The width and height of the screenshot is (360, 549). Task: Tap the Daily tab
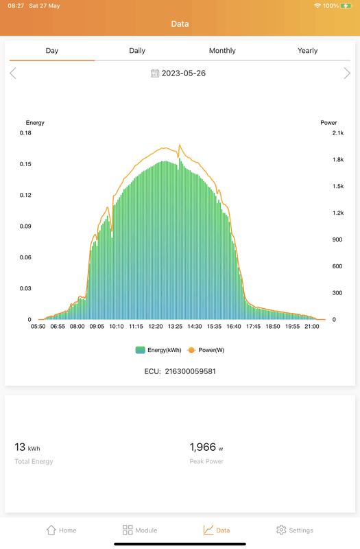tap(137, 51)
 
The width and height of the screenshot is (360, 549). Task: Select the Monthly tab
tap(222, 51)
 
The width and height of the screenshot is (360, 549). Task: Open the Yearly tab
tap(307, 51)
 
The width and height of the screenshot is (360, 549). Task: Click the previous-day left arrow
tap(13, 73)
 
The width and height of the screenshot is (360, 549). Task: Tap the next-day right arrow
tap(346, 73)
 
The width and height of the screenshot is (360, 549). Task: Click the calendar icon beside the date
tap(155, 73)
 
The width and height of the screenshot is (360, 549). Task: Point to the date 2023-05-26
tap(183, 73)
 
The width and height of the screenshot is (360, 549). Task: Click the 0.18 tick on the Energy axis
tap(25, 133)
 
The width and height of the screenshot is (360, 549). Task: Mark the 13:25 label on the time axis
tap(175, 327)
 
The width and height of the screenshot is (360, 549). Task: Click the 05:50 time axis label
tap(38, 327)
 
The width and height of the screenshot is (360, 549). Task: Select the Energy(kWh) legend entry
tap(158, 350)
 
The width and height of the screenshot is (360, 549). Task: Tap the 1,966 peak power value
tap(202, 447)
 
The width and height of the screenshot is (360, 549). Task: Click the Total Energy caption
tap(34, 461)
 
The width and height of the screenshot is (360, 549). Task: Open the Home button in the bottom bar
tap(60, 530)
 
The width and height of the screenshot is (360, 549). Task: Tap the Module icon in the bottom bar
tap(128, 530)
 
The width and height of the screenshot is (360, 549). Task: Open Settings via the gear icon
tap(281, 530)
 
